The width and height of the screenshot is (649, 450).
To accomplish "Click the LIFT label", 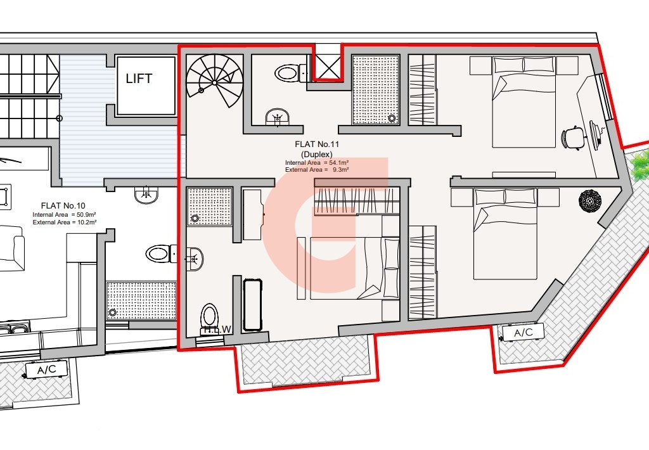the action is click(x=139, y=78).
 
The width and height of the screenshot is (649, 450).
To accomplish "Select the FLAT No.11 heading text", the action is click(x=317, y=145).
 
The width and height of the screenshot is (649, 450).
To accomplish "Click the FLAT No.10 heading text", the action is click(x=63, y=205).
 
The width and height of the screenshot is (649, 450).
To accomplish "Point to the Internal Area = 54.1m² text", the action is click(x=317, y=163).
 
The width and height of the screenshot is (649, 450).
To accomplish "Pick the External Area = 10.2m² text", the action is click(x=65, y=222).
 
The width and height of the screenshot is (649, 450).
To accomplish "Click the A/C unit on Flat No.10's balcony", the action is click(x=46, y=370).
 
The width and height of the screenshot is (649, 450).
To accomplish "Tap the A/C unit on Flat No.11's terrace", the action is click(x=523, y=333).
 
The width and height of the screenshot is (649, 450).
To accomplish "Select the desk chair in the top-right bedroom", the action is click(x=573, y=136).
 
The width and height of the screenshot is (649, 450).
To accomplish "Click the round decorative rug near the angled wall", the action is click(x=590, y=201).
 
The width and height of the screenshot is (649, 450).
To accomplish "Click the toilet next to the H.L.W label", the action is click(x=209, y=317).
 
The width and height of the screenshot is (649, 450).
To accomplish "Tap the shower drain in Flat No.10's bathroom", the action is click(x=112, y=312).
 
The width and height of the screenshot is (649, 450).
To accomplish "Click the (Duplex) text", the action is click(x=317, y=155).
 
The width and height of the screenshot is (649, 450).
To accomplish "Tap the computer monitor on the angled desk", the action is click(x=594, y=135).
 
